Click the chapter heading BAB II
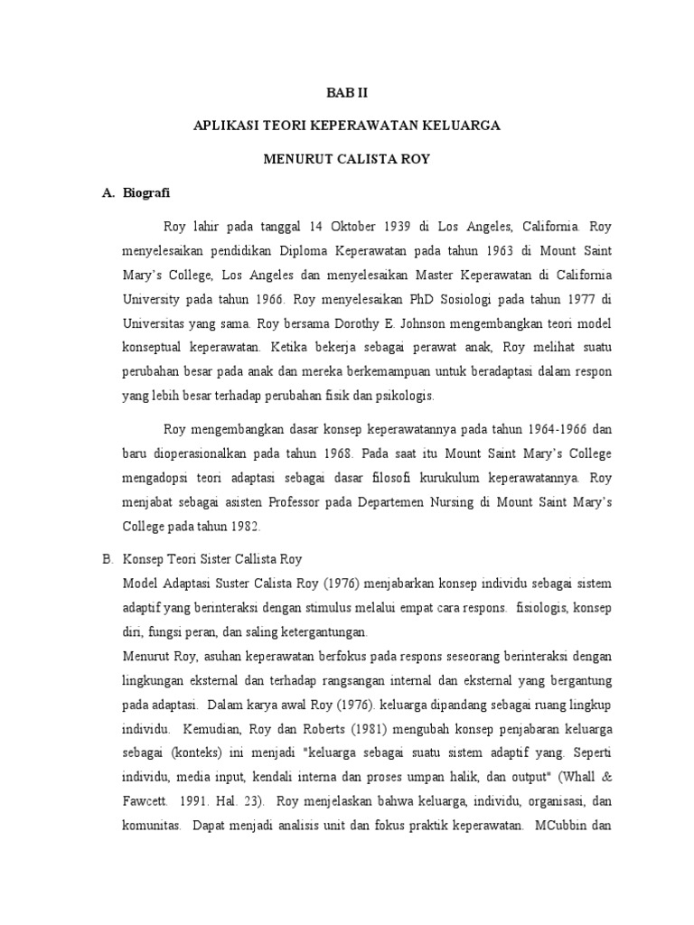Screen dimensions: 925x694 (347, 92)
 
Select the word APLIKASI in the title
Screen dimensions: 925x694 (226, 126)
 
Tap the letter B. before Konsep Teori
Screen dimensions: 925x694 (106, 559)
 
